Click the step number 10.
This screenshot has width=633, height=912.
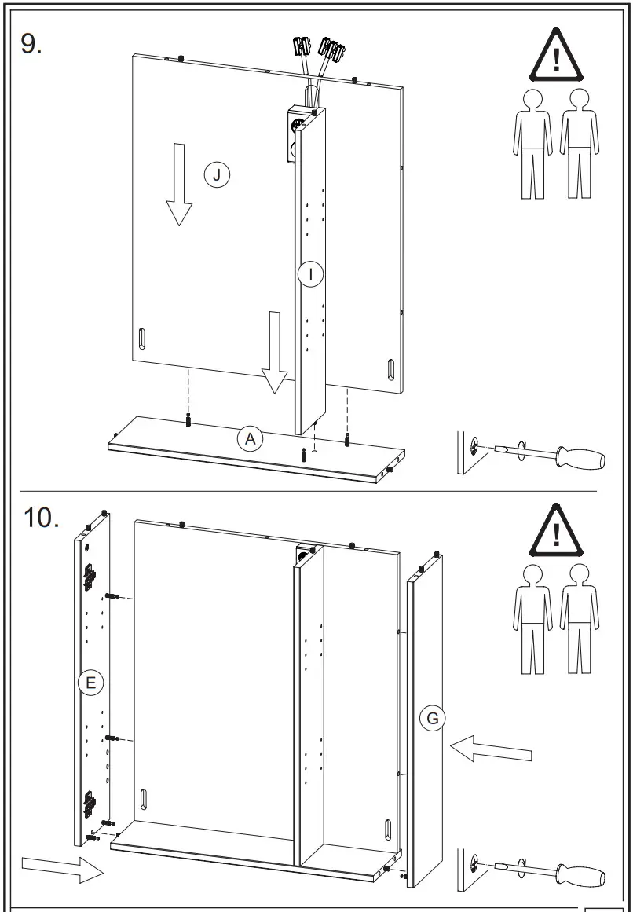pos(41,518)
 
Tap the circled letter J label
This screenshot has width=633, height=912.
pos(217,174)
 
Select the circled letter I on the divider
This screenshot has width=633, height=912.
pos(311,273)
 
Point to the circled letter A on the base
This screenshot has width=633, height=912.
pos(250,438)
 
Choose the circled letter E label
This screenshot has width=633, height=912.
pos(90,683)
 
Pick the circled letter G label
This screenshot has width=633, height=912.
pos(432,718)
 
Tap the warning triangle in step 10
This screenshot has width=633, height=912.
pos(557,532)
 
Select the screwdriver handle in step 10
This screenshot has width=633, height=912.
pos(580,874)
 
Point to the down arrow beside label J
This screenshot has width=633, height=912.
pos(179,185)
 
